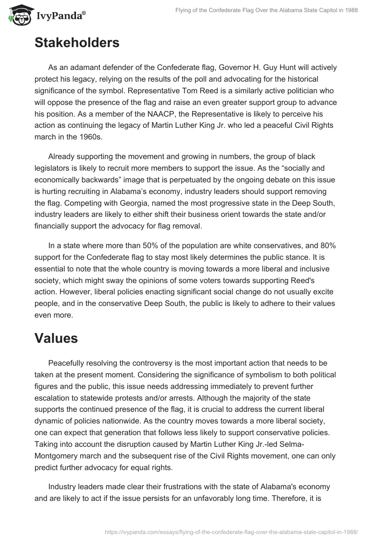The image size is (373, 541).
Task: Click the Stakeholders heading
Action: pos(77,43)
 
